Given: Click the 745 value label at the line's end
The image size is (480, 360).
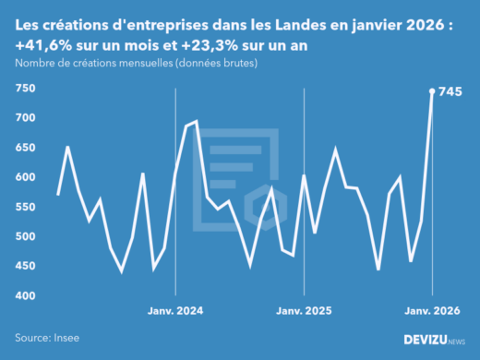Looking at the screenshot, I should (450, 91).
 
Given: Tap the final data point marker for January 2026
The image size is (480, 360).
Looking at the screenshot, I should (432, 90).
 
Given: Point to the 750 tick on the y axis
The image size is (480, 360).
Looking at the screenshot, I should (25, 89).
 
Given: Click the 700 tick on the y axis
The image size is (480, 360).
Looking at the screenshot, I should (25, 118).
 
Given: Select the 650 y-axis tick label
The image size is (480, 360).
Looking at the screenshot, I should (25, 148).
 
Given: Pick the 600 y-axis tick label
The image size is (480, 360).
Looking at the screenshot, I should (25, 177).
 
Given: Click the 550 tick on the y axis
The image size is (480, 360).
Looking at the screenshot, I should (25, 207).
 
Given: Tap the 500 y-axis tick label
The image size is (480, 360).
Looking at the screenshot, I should (25, 236).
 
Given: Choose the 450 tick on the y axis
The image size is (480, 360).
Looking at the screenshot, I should (25, 266).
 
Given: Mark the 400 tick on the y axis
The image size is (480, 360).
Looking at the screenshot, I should (25, 295).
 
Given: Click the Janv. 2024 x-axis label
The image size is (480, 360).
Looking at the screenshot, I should (175, 311).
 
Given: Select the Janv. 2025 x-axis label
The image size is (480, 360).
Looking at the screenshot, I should (304, 311).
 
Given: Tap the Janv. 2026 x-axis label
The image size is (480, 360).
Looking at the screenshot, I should (432, 311).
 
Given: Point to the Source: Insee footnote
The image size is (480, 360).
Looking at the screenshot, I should (45, 339).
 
